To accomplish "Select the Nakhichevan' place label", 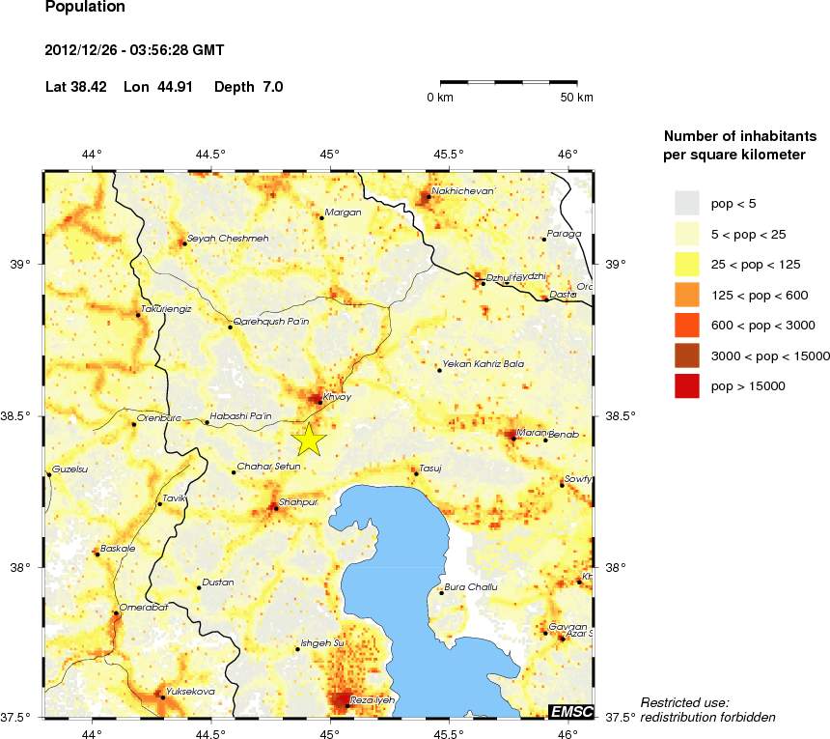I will point(464,191).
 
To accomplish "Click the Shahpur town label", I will point(297,502).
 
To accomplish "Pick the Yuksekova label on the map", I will point(190,691).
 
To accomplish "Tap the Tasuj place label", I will point(430,468).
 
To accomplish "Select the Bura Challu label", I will point(471,587).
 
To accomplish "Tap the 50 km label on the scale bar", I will point(577,98).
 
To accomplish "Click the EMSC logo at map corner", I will point(571,712).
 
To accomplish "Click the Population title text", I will point(85,7).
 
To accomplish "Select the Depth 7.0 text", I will point(248,87).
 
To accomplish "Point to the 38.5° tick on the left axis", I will point(26,415).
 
